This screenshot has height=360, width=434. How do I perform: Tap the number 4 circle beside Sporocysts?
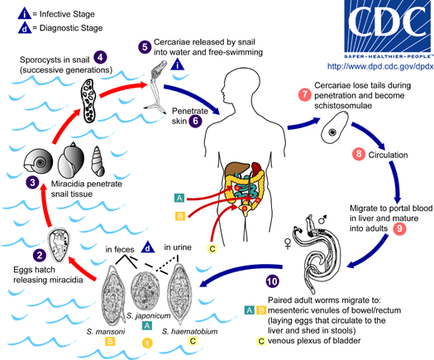[x=100, y=56]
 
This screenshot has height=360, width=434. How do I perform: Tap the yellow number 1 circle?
[x=147, y=342]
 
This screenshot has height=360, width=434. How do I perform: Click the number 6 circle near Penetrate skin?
[x=196, y=120]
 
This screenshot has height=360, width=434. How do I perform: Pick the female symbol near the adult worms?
[x=289, y=244]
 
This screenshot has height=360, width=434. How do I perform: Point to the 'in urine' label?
[x=180, y=247]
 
